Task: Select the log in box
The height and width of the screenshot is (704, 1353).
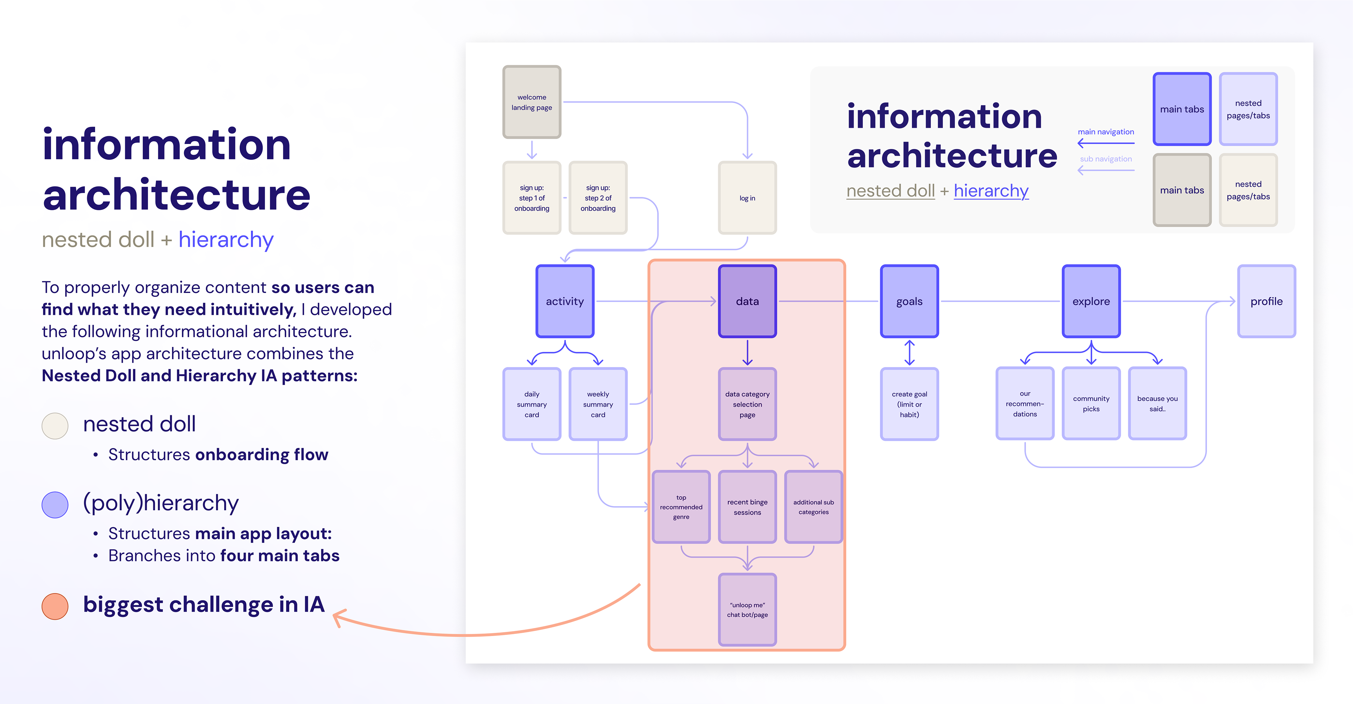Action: (x=747, y=198)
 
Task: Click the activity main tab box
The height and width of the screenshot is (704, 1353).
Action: (x=564, y=301)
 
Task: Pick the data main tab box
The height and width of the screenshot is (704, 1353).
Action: (x=747, y=301)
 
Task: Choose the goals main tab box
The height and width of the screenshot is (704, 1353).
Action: (x=909, y=301)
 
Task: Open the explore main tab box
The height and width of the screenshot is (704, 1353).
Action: (x=1091, y=301)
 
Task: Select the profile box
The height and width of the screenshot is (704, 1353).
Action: (x=1266, y=301)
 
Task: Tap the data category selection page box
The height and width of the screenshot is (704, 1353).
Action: (x=747, y=404)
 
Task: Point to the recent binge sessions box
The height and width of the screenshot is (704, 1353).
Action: (x=747, y=507)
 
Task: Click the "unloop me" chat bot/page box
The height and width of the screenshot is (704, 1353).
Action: (x=747, y=610)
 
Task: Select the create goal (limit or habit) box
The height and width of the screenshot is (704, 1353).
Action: (x=909, y=404)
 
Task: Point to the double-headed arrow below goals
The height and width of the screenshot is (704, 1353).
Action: (x=909, y=353)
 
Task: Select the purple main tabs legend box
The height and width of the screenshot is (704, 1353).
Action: (x=1182, y=109)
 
